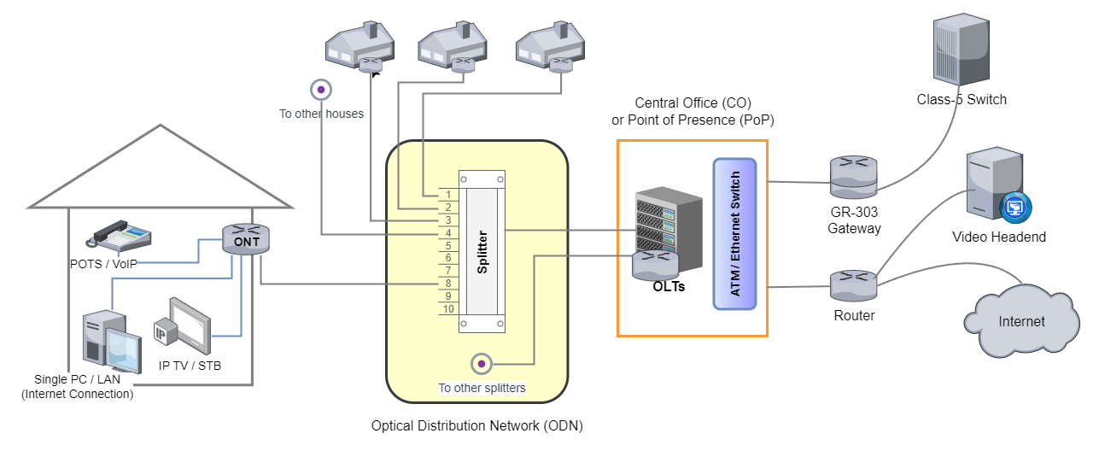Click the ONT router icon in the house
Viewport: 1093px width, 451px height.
(247, 239)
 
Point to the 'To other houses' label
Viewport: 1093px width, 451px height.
(321, 114)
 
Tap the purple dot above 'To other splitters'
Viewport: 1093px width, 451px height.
(482, 365)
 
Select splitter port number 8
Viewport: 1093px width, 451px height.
(448, 283)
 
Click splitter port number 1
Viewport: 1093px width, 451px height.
(448, 194)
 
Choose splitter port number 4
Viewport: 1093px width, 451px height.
(448, 232)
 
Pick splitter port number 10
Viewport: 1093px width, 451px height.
(448, 308)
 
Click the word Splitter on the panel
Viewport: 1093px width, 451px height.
(482, 251)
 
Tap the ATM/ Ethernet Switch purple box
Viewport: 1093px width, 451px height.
(735, 234)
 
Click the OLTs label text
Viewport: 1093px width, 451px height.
(669, 286)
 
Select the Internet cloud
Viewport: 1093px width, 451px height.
(1020, 323)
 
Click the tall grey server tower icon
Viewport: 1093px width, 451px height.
(961, 49)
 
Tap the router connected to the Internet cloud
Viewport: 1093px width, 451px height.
(853, 284)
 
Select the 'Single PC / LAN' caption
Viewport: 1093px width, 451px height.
(77, 386)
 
